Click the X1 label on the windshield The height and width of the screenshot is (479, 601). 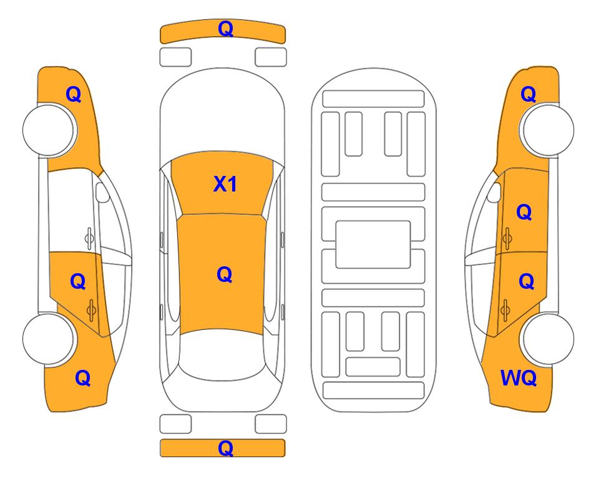(x=225, y=184)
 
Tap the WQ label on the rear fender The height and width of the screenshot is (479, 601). (x=518, y=378)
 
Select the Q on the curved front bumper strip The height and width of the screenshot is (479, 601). (x=225, y=29)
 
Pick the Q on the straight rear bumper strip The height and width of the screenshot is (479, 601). (x=225, y=448)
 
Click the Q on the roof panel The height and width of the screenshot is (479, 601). (x=225, y=274)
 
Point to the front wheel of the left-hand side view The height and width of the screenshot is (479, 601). (x=49, y=130)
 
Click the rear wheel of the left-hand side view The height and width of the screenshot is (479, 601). (x=49, y=339)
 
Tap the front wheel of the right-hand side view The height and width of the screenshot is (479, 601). (x=548, y=130)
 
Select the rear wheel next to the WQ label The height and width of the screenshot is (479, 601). (x=548, y=339)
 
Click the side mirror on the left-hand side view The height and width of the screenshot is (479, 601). (x=102, y=192)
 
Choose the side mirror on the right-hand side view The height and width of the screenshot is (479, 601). (x=494, y=192)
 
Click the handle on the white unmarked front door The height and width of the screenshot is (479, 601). (x=89, y=238)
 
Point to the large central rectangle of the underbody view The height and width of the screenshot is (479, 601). (x=373, y=244)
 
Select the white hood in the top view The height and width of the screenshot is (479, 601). (x=222, y=111)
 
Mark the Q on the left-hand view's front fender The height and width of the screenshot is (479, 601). (x=74, y=94)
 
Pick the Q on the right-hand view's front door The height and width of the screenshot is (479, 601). (x=524, y=212)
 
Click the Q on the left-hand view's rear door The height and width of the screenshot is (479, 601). (x=78, y=282)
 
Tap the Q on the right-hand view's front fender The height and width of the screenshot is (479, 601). (x=528, y=94)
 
